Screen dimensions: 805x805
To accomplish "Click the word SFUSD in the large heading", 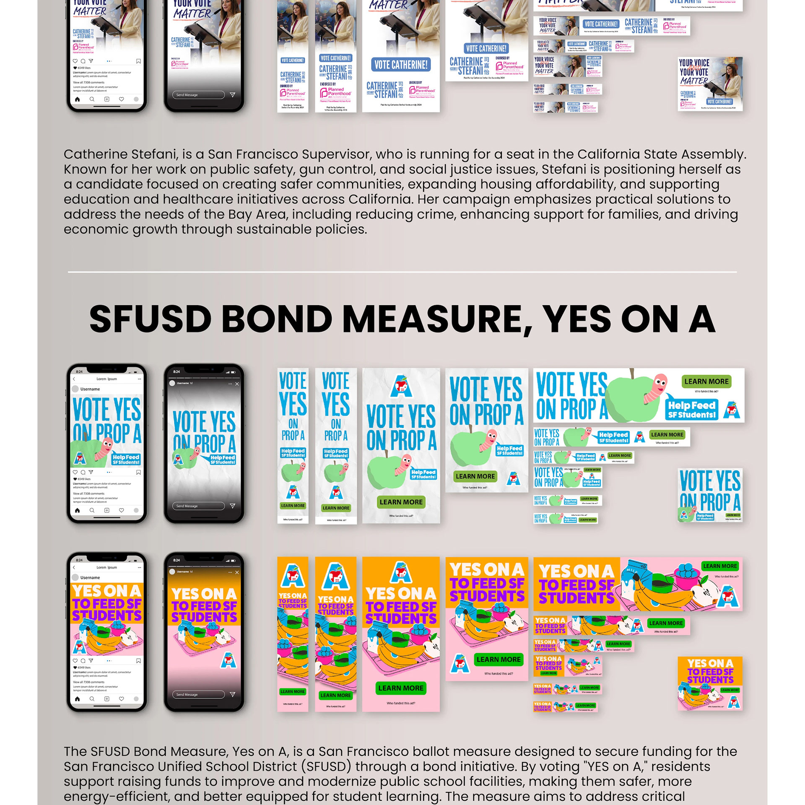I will coord(150,319).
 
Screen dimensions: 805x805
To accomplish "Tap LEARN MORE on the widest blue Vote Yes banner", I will coord(706,382).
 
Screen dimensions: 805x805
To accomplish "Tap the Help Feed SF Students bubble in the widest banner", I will coord(691,410).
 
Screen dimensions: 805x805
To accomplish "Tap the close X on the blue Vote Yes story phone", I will coord(237,384).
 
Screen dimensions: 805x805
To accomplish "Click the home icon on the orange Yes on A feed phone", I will coord(77,699).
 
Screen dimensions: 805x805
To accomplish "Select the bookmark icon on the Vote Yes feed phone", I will coord(138,473).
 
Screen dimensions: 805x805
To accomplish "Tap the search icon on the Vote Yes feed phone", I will coord(92,510).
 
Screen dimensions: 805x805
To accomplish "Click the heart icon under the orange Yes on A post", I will coord(75,661).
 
